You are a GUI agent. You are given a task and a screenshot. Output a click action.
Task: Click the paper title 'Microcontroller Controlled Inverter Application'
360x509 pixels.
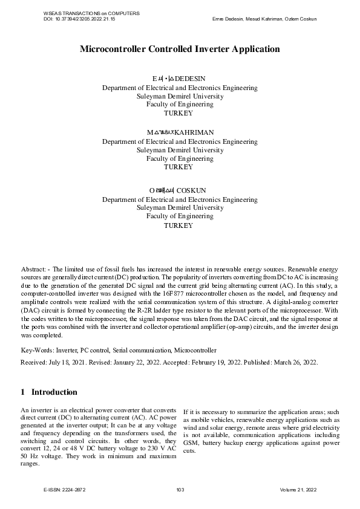coord(180,49)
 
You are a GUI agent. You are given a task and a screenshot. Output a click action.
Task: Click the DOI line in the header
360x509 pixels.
coord(79,19)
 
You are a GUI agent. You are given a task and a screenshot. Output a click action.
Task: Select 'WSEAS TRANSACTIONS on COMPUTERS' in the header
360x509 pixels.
coord(92,13)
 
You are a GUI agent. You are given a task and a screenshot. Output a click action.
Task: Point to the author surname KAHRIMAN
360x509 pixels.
coord(194,132)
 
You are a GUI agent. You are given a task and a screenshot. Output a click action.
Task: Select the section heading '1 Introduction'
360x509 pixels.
coord(49,392)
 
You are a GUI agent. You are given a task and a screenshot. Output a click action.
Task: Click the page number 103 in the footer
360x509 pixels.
coord(180,490)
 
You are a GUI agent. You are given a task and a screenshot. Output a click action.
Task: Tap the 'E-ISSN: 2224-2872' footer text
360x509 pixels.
coord(65,490)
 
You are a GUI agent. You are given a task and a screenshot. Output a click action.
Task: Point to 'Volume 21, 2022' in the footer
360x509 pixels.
coord(298,490)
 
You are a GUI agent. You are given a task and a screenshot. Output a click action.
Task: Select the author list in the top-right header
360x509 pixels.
coord(264,19)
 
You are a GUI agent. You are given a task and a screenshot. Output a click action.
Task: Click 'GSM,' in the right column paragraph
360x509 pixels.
coord(191,441)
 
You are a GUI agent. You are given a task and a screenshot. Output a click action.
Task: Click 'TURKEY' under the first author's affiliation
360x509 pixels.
coord(179,113)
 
